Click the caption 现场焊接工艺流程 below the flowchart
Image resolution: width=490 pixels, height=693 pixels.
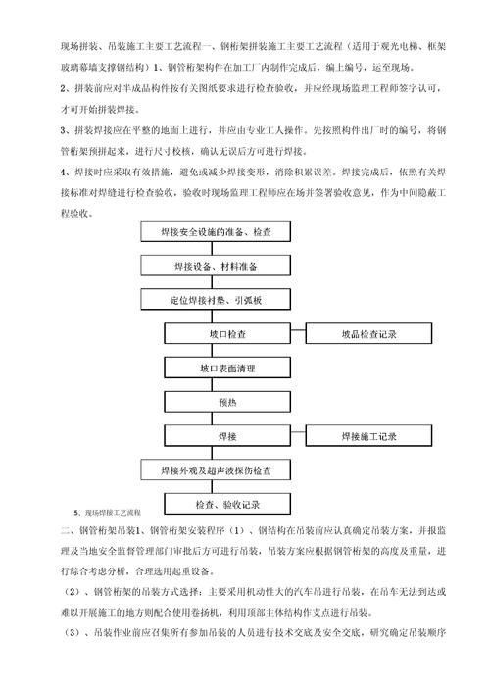coord(111,513)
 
